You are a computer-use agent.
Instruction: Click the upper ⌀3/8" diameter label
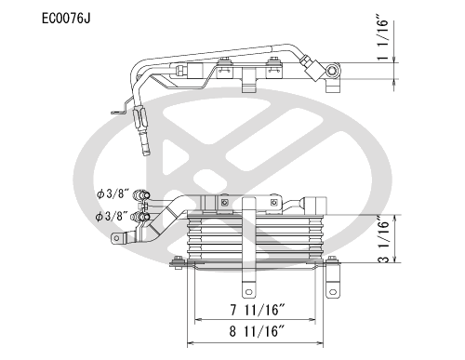point(112,194)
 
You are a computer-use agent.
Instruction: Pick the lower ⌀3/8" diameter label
point(112,216)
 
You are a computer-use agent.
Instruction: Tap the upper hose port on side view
point(142,193)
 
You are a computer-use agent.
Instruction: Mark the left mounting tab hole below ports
point(118,239)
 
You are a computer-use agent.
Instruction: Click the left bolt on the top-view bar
point(224,65)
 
